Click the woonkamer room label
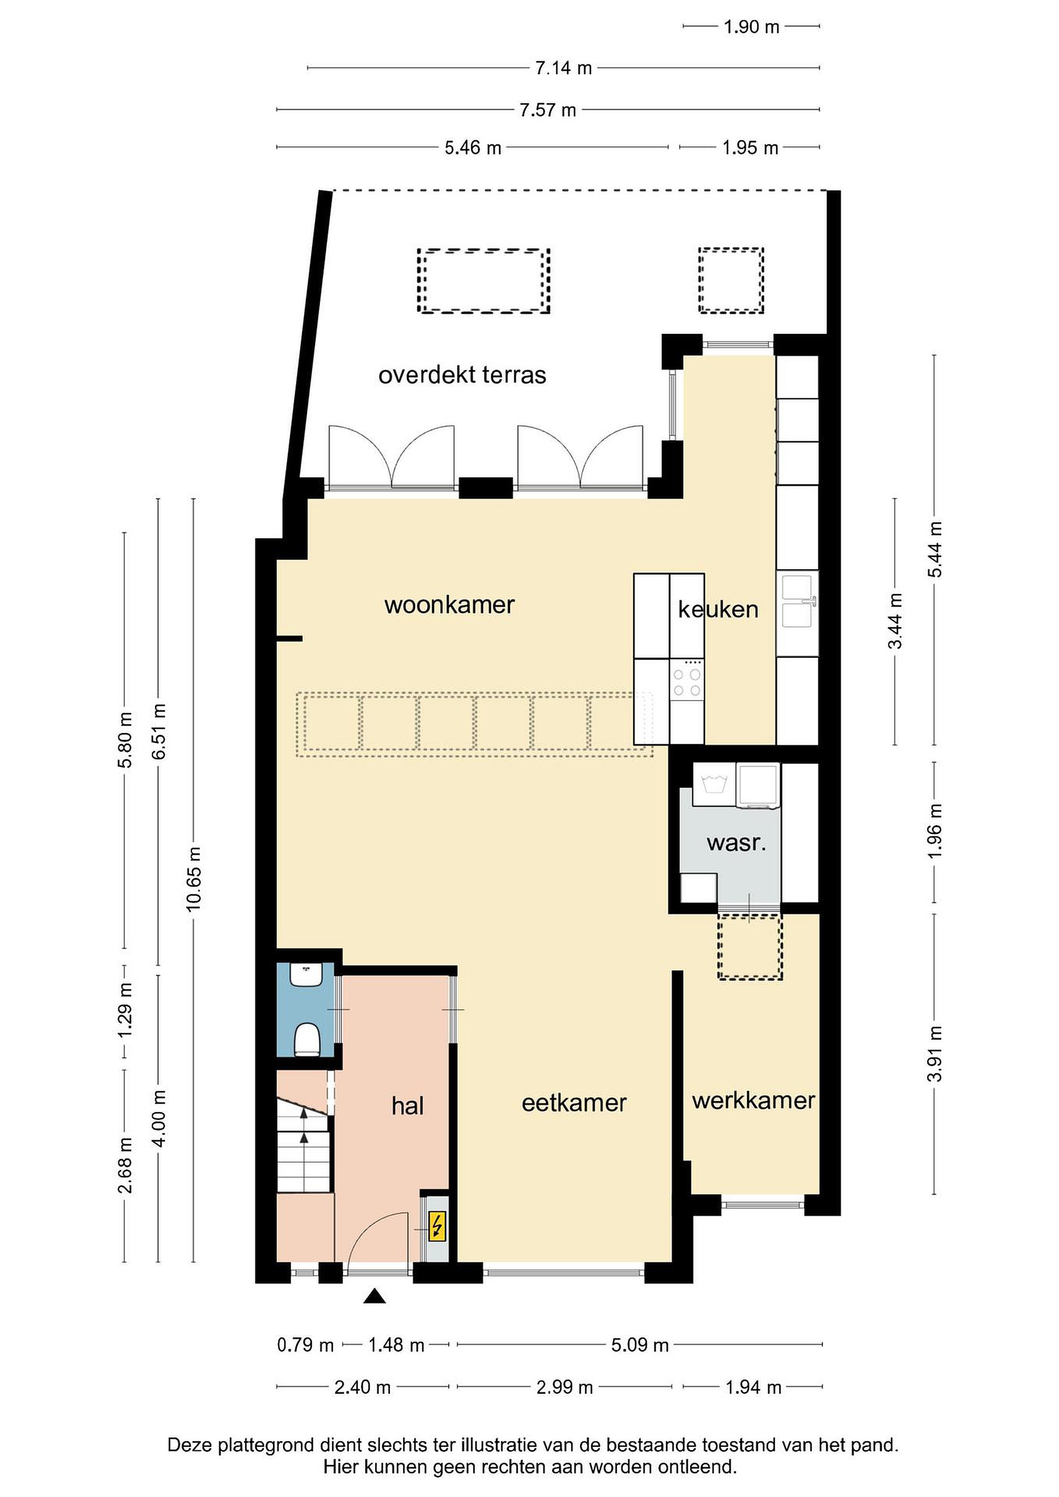[x=449, y=605]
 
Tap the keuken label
[x=718, y=610]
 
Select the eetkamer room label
[x=574, y=1102]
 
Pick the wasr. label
[x=736, y=843]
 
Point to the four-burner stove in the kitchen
[x=687, y=679]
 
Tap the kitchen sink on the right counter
[x=797, y=600]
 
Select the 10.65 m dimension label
[x=194, y=879]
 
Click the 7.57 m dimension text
[x=548, y=110]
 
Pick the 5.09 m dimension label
[x=639, y=1345]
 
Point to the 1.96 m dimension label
[x=935, y=831]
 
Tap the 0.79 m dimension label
[x=305, y=1345]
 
